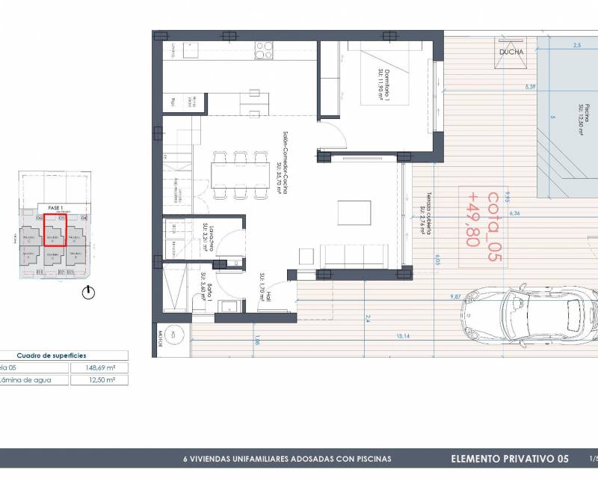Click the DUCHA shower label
pos(511,52)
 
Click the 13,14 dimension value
pos(404,336)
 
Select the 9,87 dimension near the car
pos(455,297)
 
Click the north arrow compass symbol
pos(89,293)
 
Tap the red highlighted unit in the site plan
pos(54,230)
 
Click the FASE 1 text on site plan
pos(54,207)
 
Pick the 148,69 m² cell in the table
pos(99,367)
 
